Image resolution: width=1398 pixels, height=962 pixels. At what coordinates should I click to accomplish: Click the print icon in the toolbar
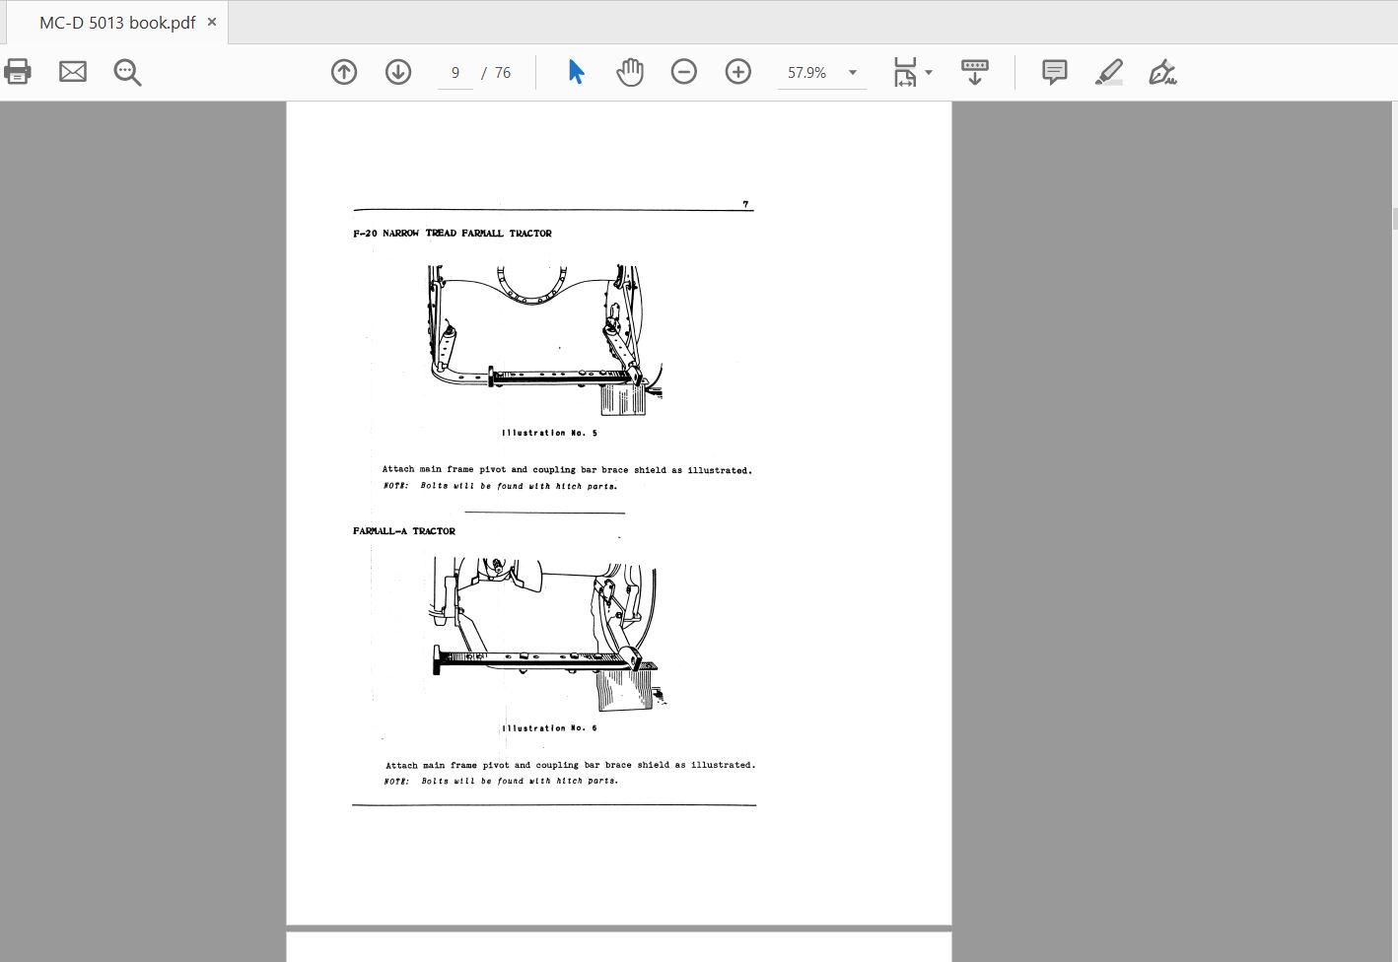click(18, 72)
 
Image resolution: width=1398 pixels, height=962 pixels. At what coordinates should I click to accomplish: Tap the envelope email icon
click(72, 72)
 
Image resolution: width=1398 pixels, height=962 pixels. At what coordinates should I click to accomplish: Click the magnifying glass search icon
click(127, 72)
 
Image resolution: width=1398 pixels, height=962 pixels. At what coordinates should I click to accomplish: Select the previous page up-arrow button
click(344, 72)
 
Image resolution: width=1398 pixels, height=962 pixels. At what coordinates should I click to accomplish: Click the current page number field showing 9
click(455, 72)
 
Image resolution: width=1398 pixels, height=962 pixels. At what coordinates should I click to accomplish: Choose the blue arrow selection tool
click(576, 71)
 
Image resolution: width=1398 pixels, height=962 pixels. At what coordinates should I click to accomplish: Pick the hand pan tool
click(630, 72)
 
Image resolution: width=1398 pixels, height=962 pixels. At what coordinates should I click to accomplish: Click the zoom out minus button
click(684, 72)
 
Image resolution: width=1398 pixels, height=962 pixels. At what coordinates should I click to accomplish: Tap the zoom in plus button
click(737, 72)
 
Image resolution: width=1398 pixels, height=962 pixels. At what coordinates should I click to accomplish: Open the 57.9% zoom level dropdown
click(853, 72)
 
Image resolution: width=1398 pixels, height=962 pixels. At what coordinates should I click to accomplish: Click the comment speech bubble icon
click(1054, 72)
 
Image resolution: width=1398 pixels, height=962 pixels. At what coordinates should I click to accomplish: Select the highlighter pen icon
click(1108, 72)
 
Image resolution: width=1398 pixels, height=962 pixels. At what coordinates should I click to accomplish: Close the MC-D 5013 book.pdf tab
click(212, 22)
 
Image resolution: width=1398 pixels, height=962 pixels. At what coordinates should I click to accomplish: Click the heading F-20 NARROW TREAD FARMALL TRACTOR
click(453, 234)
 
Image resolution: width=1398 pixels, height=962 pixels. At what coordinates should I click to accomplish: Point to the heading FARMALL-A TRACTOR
click(404, 531)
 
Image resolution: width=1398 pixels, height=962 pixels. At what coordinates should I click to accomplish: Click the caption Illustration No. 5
click(549, 433)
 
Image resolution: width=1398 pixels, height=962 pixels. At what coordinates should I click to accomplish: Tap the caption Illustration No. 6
click(549, 728)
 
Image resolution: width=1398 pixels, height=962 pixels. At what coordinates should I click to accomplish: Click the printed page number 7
click(745, 204)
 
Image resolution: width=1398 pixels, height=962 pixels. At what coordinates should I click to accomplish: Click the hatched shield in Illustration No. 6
click(624, 689)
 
